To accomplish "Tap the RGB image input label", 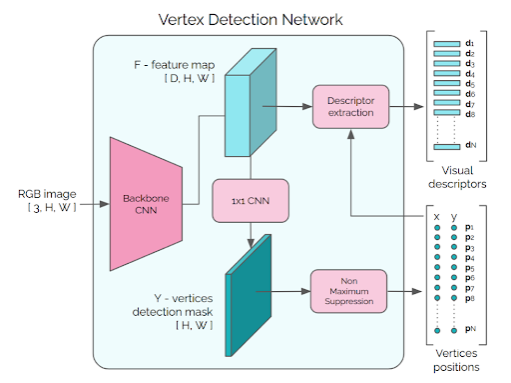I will (45, 199).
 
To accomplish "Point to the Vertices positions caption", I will (461, 361).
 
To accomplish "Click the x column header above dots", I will (438, 214).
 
